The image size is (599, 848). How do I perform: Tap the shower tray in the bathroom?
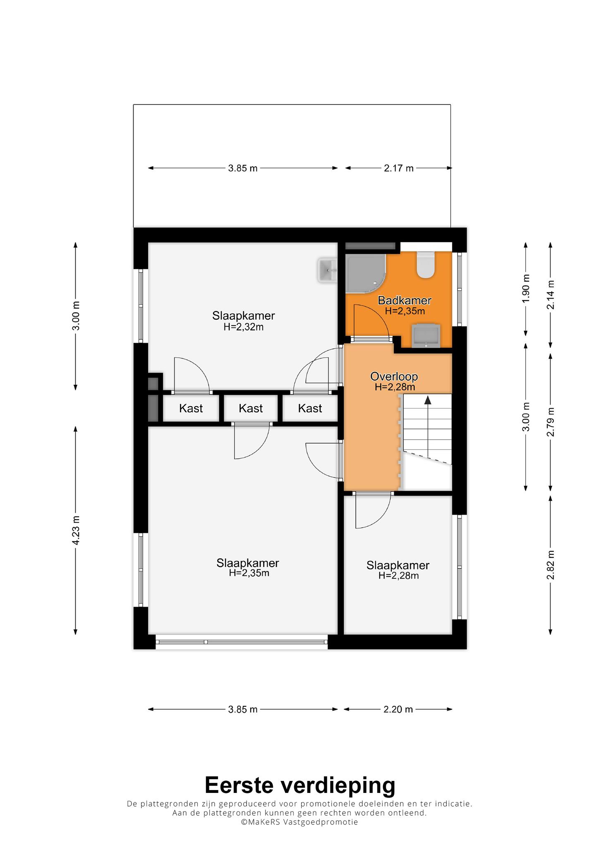pyautogui.click(x=366, y=273)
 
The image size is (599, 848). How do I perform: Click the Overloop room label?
pyautogui.click(x=394, y=376)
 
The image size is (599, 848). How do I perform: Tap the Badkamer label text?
pyautogui.click(x=405, y=300)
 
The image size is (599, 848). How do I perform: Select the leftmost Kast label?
pyautogui.click(x=191, y=409)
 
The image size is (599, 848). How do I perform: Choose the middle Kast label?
pyautogui.click(x=251, y=409)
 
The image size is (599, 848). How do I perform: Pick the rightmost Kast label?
pyautogui.click(x=310, y=409)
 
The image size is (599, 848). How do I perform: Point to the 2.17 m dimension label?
pyautogui.click(x=399, y=168)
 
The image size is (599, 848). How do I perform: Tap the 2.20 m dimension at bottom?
pyautogui.click(x=398, y=709)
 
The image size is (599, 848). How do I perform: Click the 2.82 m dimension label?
pyautogui.click(x=550, y=566)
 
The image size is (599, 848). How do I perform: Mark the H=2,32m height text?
pyautogui.click(x=243, y=327)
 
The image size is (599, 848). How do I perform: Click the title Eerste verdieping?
pyautogui.click(x=300, y=785)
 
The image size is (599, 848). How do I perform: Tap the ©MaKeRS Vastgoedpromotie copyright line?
pyautogui.click(x=299, y=822)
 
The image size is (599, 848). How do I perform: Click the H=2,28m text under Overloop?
pyautogui.click(x=395, y=387)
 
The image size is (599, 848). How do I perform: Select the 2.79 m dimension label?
pyautogui.click(x=550, y=422)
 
